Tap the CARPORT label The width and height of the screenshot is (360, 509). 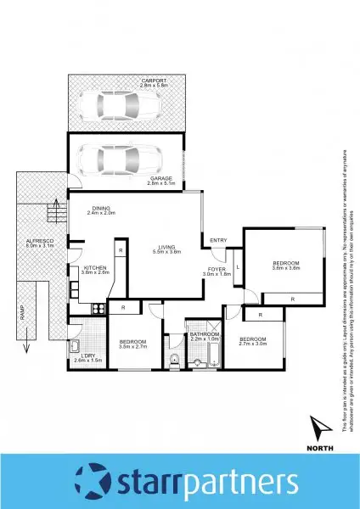tap(129, 81)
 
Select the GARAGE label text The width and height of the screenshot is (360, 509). tap(160, 179)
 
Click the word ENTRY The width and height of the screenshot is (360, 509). tap(218, 240)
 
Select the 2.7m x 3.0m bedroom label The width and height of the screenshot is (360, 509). tap(253, 341)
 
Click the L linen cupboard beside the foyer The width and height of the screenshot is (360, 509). tap(238, 267)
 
